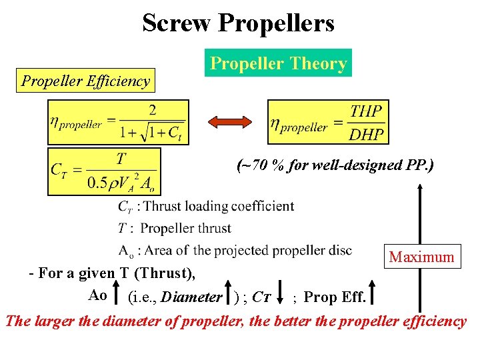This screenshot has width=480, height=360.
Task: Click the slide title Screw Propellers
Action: click(238, 23)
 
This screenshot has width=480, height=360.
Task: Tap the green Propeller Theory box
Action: click(278, 63)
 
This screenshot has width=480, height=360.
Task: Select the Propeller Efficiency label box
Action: click(86, 81)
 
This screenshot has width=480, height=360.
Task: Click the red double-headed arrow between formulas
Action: click(228, 123)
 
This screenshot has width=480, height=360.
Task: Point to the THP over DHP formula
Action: click(328, 121)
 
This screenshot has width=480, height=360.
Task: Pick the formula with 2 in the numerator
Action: click(118, 122)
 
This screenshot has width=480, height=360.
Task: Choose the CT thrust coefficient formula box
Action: click(104, 171)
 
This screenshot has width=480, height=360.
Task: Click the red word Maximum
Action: click(421, 257)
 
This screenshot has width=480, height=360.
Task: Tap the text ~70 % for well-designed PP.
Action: click(335, 164)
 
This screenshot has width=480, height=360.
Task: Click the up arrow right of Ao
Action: click(117, 294)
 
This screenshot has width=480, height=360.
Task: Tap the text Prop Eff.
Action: click(334, 297)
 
